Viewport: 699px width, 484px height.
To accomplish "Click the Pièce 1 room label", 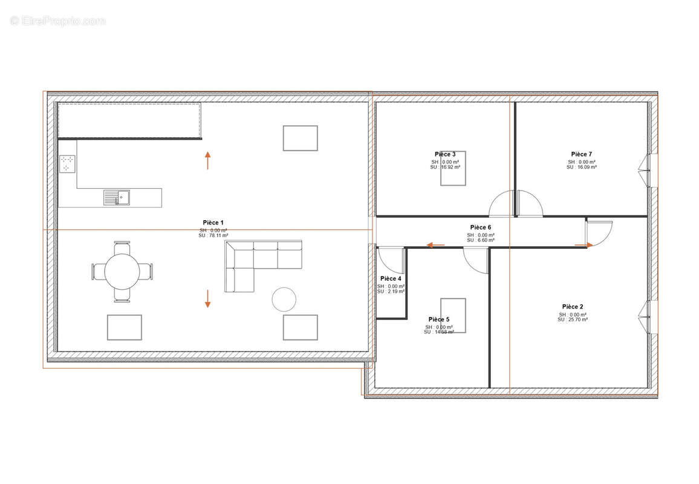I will click(x=213, y=223).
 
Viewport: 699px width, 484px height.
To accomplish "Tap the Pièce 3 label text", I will click(x=445, y=154).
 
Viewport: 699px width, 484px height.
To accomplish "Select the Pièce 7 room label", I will click(x=582, y=154).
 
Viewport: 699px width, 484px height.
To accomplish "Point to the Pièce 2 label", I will click(x=573, y=307).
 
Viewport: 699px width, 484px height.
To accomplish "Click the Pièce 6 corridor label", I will click(x=481, y=227).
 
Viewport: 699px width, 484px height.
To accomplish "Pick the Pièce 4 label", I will click(x=391, y=279).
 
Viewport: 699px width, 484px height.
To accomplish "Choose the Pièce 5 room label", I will click(x=439, y=319).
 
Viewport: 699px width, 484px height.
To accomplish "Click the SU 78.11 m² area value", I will click(x=213, y=235).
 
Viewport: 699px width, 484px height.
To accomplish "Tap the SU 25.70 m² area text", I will click(x=573, y=319).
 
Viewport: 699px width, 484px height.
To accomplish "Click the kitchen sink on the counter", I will click(x=116, y=197).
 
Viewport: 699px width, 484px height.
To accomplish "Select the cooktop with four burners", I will click(x=68, y=164).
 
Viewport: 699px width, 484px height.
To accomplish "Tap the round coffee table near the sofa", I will click(x=284, y=299).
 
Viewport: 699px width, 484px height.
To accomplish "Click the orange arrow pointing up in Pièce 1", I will click(x=207, y=161).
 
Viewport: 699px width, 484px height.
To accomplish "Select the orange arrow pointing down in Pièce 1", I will click(x=207, y=298).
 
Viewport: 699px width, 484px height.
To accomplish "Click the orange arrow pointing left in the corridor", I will click(x=435, y=245).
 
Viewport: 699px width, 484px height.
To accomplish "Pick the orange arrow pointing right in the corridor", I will click(x=584, y=244).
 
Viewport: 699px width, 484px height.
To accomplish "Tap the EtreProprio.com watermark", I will click(x=58, y=21).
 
